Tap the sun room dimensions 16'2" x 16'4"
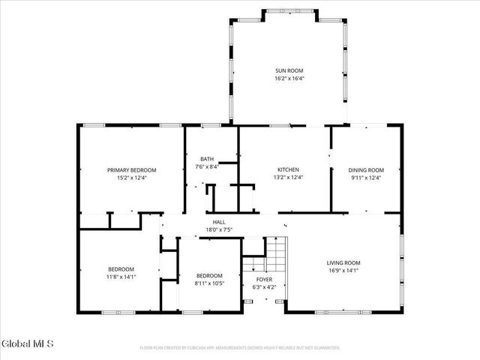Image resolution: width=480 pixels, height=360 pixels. [x=289, y=78]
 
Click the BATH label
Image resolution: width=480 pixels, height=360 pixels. [x=207, y=159]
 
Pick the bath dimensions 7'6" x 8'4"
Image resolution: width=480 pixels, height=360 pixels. [x=207, y=166]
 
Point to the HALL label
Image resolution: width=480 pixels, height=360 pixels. [x=219, y=223]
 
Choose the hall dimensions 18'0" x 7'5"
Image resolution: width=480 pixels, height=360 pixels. [x=219, y=229]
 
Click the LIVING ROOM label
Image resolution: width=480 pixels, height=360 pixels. [x=343, y=262]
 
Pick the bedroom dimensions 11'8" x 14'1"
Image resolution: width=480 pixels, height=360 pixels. [x=121, y=277]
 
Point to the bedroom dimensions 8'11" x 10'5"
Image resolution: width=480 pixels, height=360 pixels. [x=209, y=282]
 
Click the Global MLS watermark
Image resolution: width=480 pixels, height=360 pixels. [x=28, y=344]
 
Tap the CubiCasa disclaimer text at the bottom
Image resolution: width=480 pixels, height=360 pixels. [x=240, y=348]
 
